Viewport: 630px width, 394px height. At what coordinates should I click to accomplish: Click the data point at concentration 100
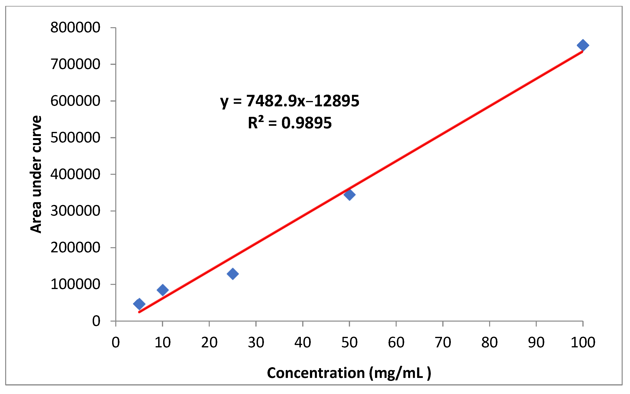click(583, 45)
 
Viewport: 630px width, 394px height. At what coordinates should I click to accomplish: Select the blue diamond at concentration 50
click(349, 194)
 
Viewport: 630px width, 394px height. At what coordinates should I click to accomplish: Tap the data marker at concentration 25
click(232, 274)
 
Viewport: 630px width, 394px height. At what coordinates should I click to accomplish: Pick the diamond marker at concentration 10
click(163, 290)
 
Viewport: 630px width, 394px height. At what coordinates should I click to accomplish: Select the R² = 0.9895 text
click(290, 123)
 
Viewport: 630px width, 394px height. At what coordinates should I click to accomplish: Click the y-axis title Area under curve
click(36, 174)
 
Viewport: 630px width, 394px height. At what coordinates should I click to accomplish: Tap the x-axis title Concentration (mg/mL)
click(349, 373)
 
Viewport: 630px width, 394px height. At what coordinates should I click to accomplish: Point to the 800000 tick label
click(75, 27)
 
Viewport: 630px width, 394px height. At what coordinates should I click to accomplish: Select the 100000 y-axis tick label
click(75, 284)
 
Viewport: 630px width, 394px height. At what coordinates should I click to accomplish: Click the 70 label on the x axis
click(443, 342)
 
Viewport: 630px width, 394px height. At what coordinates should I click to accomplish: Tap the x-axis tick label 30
click(256, 342)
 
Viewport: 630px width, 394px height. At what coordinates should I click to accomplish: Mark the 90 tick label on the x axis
click(536, 342)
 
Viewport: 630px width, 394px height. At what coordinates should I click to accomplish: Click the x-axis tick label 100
click(583, 342)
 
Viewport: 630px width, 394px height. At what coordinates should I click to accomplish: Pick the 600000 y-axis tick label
click(75, 101)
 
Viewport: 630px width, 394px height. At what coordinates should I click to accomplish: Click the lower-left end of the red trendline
click(139, 312)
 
